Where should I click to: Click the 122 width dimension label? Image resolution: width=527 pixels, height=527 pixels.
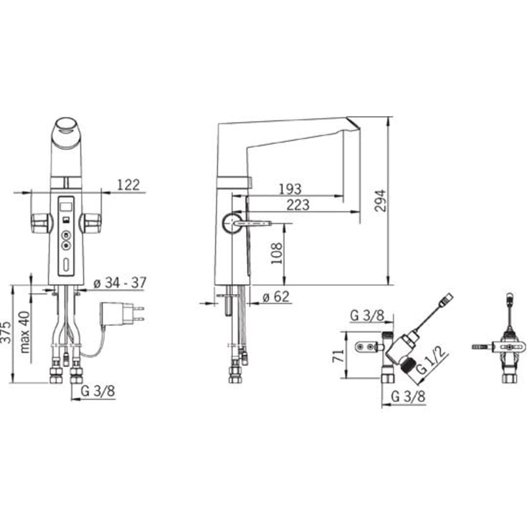[128, 185]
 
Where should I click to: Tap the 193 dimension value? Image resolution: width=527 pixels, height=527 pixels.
[290, 189]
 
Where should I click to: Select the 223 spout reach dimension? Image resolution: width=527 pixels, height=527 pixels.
[298, 204]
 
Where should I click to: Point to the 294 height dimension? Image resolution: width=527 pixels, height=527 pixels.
[380, 201]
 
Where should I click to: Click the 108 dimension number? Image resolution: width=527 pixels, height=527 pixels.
[277, 253]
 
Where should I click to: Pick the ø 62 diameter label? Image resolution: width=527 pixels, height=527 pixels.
[275, 297]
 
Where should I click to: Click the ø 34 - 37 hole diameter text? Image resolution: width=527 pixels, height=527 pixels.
[120, 283]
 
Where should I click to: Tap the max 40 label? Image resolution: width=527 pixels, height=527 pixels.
[25, 332]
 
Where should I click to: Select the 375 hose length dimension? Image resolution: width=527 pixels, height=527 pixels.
[6, 333]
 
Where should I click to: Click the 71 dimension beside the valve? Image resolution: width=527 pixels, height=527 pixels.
[338, 356]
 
